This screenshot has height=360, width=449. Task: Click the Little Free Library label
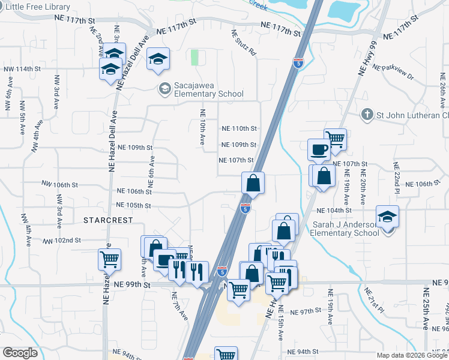(x=35, y=7)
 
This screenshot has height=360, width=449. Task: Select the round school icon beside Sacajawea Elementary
(x=164, y=89)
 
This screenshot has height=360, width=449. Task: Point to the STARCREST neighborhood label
(x=108, y=220)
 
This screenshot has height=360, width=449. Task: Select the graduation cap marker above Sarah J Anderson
(x=388, y=217)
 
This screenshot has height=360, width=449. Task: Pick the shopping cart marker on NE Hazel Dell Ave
(x=110, y=260)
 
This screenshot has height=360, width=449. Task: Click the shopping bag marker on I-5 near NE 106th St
(x=253, y=182)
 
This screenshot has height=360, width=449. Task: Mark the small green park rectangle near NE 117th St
(x=194, y=58)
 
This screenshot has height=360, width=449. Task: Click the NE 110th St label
(x=239, y=128)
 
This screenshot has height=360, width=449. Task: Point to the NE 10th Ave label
(x=203, y=126)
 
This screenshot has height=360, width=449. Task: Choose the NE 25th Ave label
(x=426, y=308)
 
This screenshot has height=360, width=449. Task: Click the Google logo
(x=21, y=353)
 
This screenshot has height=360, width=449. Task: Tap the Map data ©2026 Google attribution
(x=411, y=355)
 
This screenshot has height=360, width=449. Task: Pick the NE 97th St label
(x=307, y=312)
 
